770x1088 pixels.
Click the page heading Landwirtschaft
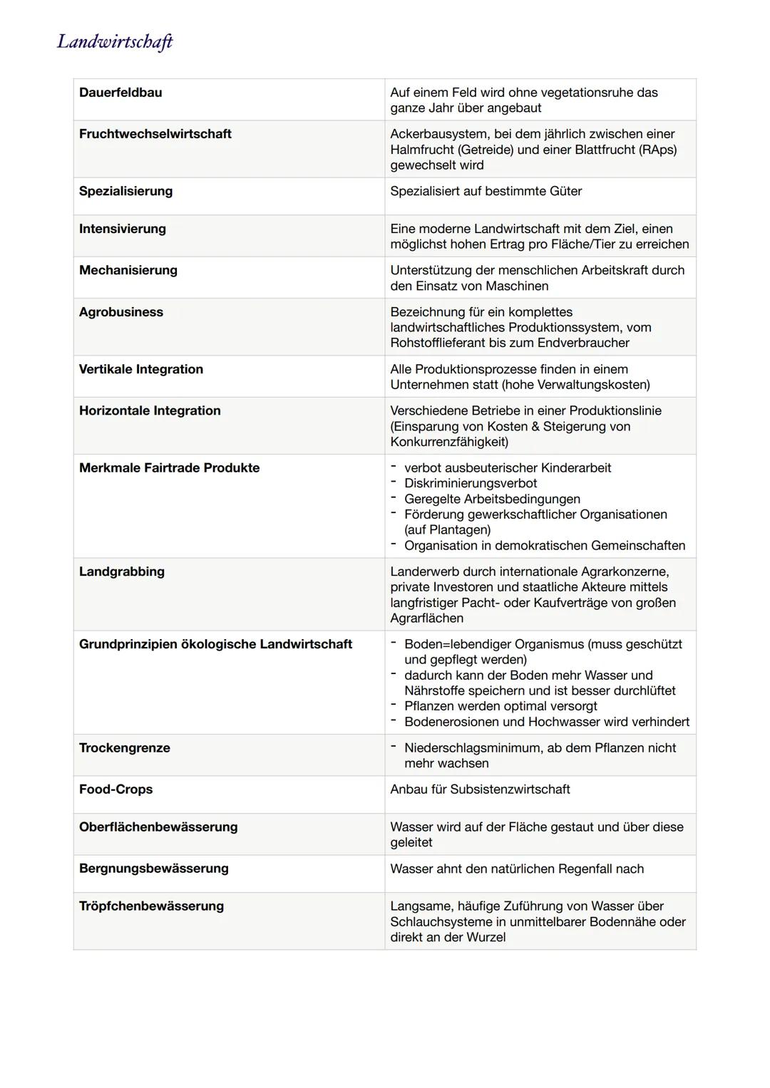point(115,42)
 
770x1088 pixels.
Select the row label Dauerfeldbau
point(120,93)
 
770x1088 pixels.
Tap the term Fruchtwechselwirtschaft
point(155,134)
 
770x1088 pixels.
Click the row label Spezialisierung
point(125,191)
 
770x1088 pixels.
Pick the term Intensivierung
point(123,229)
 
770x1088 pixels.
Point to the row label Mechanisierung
point(128,270)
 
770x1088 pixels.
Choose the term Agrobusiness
point(121,312)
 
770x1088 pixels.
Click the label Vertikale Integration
point(141,369)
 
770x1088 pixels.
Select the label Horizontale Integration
point(150,410)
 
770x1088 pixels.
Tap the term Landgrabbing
point(122,571)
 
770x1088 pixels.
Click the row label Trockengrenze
point(125,747)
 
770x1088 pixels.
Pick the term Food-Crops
point(115,789)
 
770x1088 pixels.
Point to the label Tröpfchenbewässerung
point(151,906)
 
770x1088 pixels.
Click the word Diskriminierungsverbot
point(471,483)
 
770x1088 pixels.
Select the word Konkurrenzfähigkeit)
point(449,442)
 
